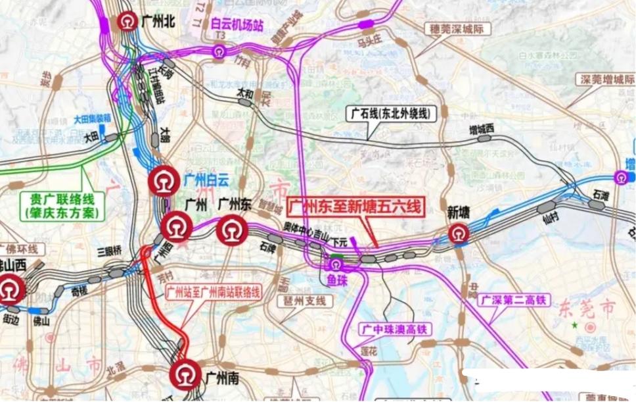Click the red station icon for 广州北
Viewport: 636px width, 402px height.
coord(127,22)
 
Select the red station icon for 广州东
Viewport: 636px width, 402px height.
coord(231,232)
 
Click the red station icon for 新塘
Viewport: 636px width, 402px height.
coord(459,233)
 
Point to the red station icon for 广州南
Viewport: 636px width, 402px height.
coord(185,374)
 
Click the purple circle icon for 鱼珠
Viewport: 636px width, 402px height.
coord(336,264)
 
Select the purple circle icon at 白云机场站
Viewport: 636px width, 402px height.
coord(219,51)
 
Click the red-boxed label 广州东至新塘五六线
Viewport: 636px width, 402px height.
coord(356,207)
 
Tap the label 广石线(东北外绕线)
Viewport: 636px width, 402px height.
coord(392,113)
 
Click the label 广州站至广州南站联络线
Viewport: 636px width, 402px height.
coord(213,291)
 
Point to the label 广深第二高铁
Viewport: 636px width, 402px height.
coord(513,299)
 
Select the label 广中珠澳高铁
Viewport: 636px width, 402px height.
coord(396,328)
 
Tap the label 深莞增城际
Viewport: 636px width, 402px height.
coord(606,80)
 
